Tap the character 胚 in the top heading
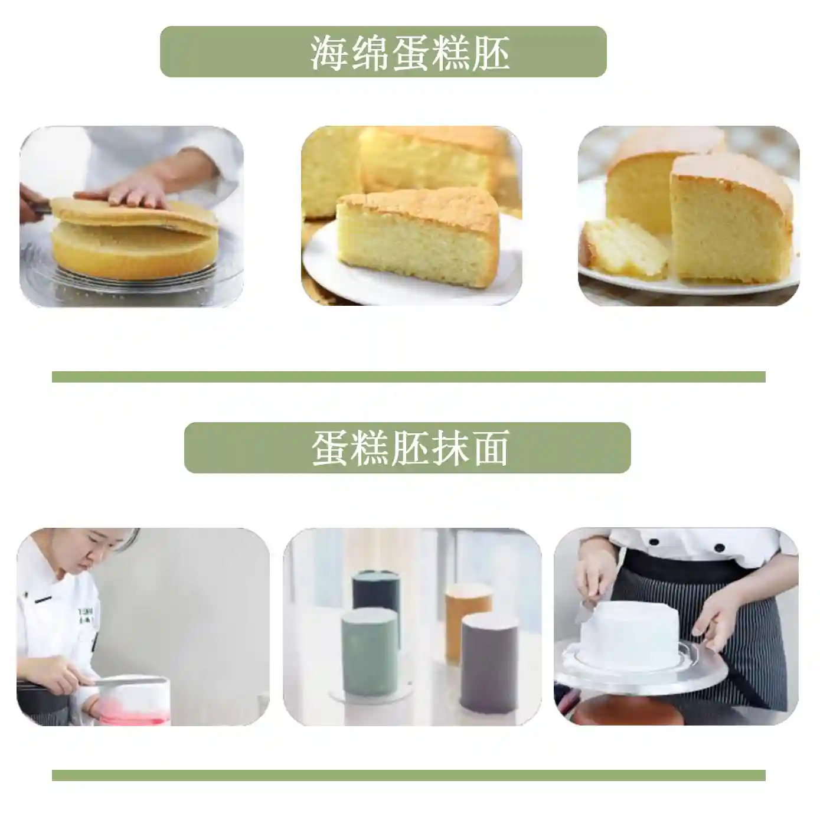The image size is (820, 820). pos(490,53)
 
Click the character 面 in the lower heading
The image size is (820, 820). pos(490,448)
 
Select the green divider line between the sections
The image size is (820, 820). pos(409,377)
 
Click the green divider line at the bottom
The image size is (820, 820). pos(409,775)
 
